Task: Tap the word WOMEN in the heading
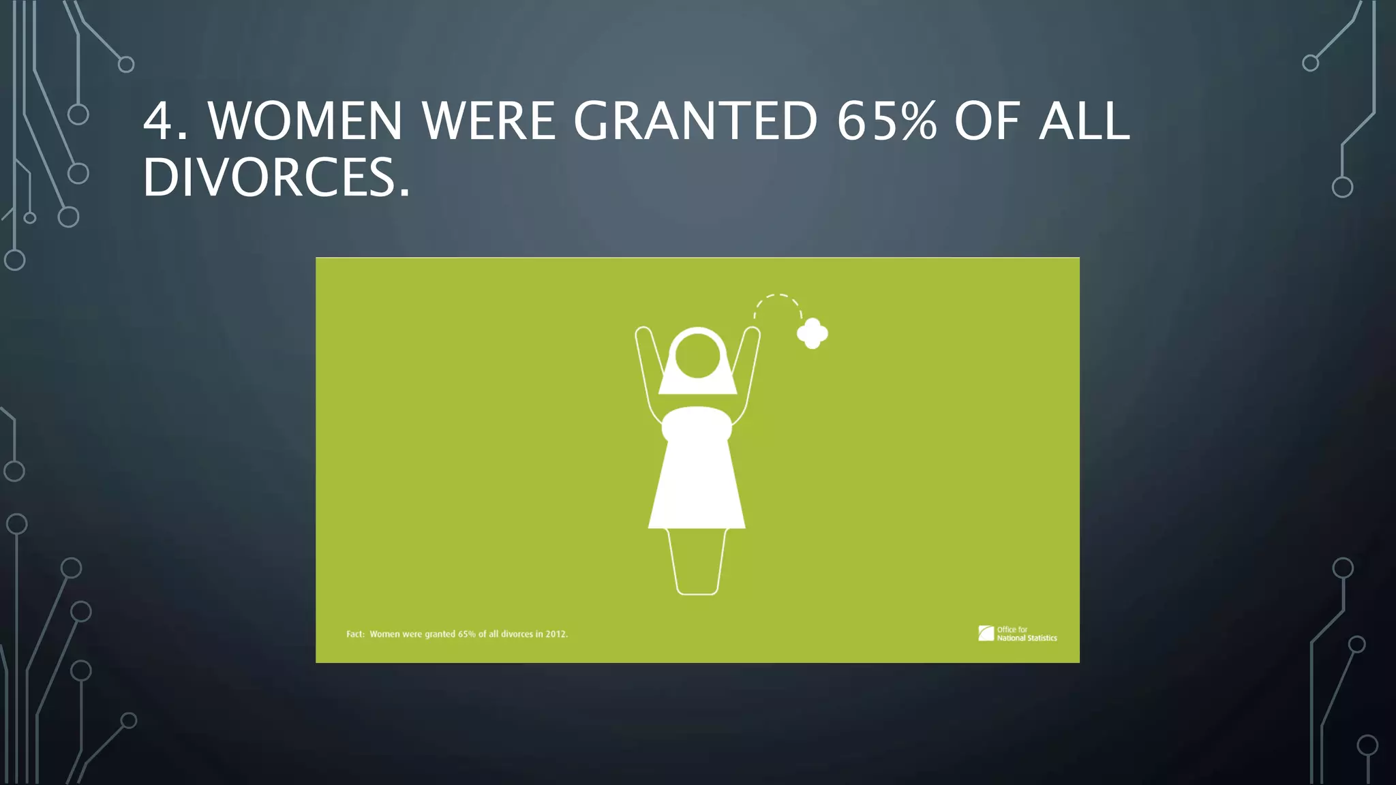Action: pyautogui.click(x=305, y=121)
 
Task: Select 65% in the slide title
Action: pyautogui.click(x=886, y=121)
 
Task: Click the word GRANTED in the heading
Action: pyautogui.click(x=695, y=121)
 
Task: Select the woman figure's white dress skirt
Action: pyautogui.click(x=697, y=484)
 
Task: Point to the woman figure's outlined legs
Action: pyautogui.click(x=697, y=562)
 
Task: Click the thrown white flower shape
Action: pyautogui.click(x=813, y=333)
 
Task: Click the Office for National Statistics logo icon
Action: pyautogui.click(x=986, y=634)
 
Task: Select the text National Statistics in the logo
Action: pyautogui.click(x=1027, y=638)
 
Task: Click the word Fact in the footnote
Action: pyautogui.click(x=355, y=634)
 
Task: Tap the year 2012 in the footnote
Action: pyautogui.click(x=556, y=634)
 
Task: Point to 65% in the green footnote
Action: pyautogui.click(x=467, y=634)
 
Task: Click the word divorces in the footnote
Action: pyautogui.click(x=517, y=634)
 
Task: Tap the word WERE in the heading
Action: pyautogui.click(x=488, y=121)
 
